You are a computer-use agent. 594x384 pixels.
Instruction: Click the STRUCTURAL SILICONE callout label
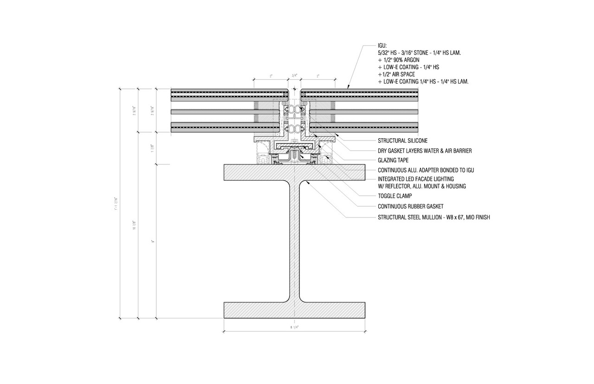(x=402, y=141)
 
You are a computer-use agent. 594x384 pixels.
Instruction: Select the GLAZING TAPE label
(x=393, y=160)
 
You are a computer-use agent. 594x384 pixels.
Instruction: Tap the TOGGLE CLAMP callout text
(x=395, y=196)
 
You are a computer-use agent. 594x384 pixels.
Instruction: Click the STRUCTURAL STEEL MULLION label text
(x=433, y=216)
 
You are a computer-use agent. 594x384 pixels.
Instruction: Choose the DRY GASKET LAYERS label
(x=425, y=150)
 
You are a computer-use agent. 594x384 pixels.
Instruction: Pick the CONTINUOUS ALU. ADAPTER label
(x=426, y=170)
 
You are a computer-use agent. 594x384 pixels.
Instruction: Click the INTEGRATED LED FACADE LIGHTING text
(x=416, y=179)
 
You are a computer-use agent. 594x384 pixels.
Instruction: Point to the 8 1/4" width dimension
(x=294, y=327)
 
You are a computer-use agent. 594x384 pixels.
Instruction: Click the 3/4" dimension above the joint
(x=294, y=75)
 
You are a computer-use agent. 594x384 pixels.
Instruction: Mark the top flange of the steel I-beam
(x=294, y=172)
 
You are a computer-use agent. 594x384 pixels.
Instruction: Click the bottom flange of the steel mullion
(x=294, y=310)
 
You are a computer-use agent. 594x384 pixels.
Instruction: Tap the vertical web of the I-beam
(x=294, y=241)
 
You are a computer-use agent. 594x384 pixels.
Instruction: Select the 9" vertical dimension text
(x=152, y=241)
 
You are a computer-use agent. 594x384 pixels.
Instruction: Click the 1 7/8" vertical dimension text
(x=152, y=148)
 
